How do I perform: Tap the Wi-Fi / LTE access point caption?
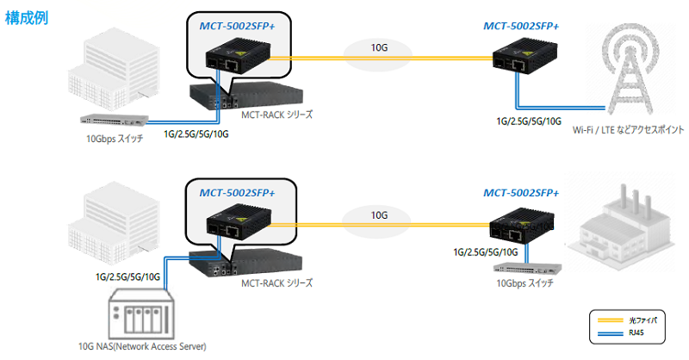pos(628,130)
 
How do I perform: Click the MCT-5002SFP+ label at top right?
pos(521,26)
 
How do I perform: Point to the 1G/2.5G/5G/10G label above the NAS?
pos(128,276)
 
